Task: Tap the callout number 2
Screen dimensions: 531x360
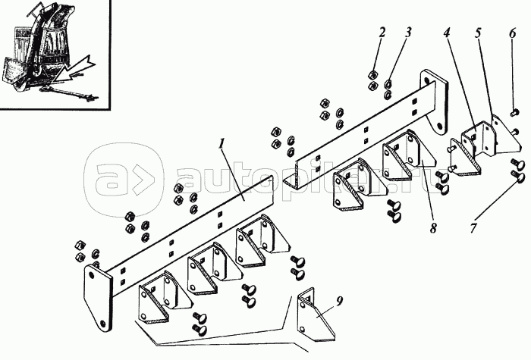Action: coord(382,33)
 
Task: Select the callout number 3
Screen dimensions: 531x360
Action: coord(408,33)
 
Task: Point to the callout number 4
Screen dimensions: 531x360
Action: coord(447,33)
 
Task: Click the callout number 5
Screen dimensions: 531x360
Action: coord(478,33)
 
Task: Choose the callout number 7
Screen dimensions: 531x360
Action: coord(473,227)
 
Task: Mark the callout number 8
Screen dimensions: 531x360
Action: coord(433,227)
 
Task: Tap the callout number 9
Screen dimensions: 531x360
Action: coord(340,300)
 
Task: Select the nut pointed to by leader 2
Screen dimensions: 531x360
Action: coord(373,74)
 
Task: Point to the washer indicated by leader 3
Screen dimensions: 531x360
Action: coord(388,83)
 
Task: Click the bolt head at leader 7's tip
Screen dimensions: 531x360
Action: coord(518,177)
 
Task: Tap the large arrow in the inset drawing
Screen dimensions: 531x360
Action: coord(72,70)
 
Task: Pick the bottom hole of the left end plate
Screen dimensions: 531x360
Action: coord(104,322)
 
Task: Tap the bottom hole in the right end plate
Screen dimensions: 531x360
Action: coord(439,127)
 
